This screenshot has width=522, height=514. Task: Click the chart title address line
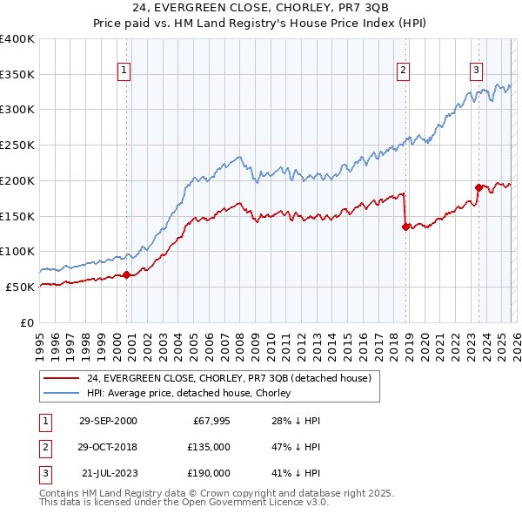click(x=261, y=10)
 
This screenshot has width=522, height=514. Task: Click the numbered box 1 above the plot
click(x=124, y=71)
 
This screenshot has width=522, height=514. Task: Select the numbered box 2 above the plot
click(x=404, y=71)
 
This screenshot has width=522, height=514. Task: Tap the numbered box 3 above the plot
click(x=477, y=71)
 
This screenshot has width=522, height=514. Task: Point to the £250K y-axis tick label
click(x=17, y=145)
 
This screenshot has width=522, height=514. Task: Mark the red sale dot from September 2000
click(x=126, y=274)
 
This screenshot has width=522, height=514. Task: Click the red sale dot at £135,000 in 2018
click(x=405, y=227)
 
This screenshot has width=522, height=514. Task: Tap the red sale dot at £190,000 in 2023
click(x=478, y=187)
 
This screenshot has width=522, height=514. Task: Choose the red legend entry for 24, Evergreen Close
click(x=229, y=378)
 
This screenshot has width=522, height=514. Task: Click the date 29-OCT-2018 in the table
click(x=108, y=447)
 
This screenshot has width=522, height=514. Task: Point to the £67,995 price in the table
click(x=207, y=421)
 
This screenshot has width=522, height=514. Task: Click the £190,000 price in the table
click(x=207, y=473)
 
